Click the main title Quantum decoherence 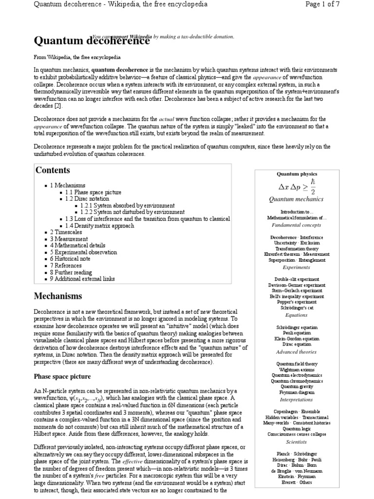pyautogui.click(x=91, y=40)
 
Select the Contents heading pyautogui.click(x=53, y=170)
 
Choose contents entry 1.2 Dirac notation pyautogui.click(x=87, y=199)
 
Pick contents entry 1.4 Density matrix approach pyautogui.click(x=99, y=226)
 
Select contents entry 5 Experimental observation pyautogui.click(x=83, y=252)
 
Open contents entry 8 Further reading pyautogui.click(x=74, y=272)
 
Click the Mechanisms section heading pyautogui.click(x=58, y=296)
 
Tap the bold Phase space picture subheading pyautogui.click(x=62, y=377)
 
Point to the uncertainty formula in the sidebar pyautogui.click(x=297, y=186)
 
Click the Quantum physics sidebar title pyautogui.click(x=297, y=173)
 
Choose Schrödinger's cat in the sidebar pyautogui.click(x=297, y=308)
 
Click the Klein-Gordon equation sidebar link pyautogui.click(x=297, y=338)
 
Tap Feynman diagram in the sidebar pyautogui.click(x=297, y=392)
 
